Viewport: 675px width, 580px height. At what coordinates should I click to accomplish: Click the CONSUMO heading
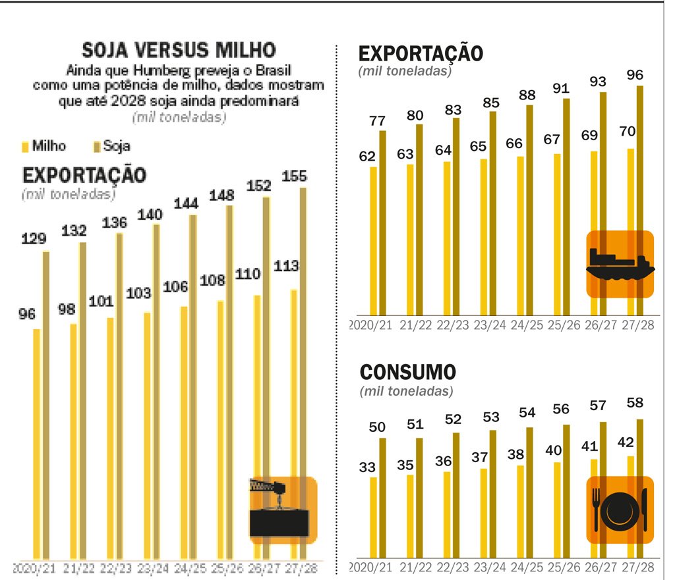[407, 372]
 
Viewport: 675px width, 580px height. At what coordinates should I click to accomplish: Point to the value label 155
[294, 176]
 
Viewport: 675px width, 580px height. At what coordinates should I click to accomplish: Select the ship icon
[620, 264]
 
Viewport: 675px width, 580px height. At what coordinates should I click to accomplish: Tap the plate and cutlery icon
[620, 510]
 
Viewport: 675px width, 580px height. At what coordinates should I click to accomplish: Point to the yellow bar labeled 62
[374, 240]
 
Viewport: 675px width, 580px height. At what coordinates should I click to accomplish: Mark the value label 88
[527, 95]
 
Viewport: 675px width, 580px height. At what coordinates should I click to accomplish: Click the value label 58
[635, 403]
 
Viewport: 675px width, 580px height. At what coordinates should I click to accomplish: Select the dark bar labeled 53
[493, 494]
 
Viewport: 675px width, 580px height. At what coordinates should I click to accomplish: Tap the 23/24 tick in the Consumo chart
[489, 567]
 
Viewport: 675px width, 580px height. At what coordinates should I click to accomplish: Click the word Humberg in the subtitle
[159, 70]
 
